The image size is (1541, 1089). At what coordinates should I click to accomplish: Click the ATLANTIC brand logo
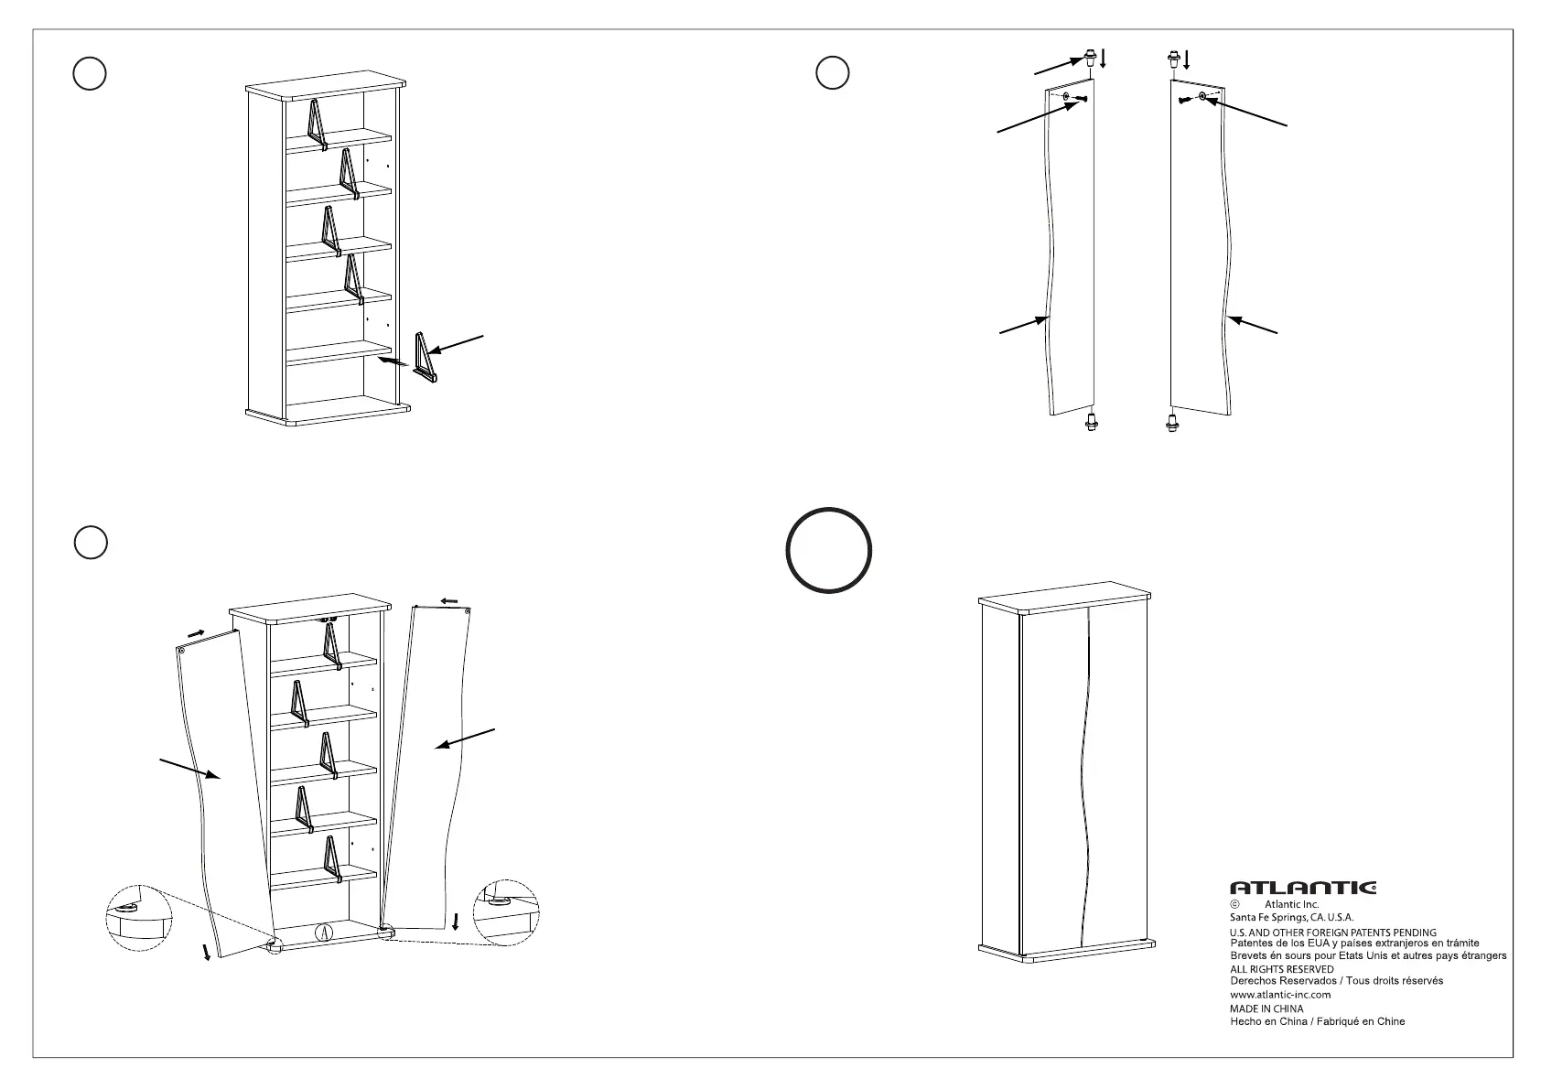[x=1302, y=887]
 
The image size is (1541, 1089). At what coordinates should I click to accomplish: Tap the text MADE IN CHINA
[x=1266, y=1008]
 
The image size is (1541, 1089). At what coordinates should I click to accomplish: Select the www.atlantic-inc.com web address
[x=1280, y=994]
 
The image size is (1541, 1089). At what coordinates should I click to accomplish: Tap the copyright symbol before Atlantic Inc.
[x=1234, y=904]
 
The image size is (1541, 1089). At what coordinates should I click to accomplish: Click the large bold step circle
[x=829, y=550]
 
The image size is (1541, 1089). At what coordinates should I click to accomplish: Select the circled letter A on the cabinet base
[x=322, y=933]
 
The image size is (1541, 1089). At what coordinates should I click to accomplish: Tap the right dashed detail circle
[x=504, y=911]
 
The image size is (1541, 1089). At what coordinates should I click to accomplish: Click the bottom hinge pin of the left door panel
[x=1091, y=423]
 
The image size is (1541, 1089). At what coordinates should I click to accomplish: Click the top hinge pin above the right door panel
[x=1171, y=60]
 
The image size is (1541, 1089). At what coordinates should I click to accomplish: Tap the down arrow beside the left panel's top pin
[x=1104, y=59]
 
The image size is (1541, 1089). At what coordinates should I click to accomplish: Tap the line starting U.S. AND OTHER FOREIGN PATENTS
[x=1332, y=933]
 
